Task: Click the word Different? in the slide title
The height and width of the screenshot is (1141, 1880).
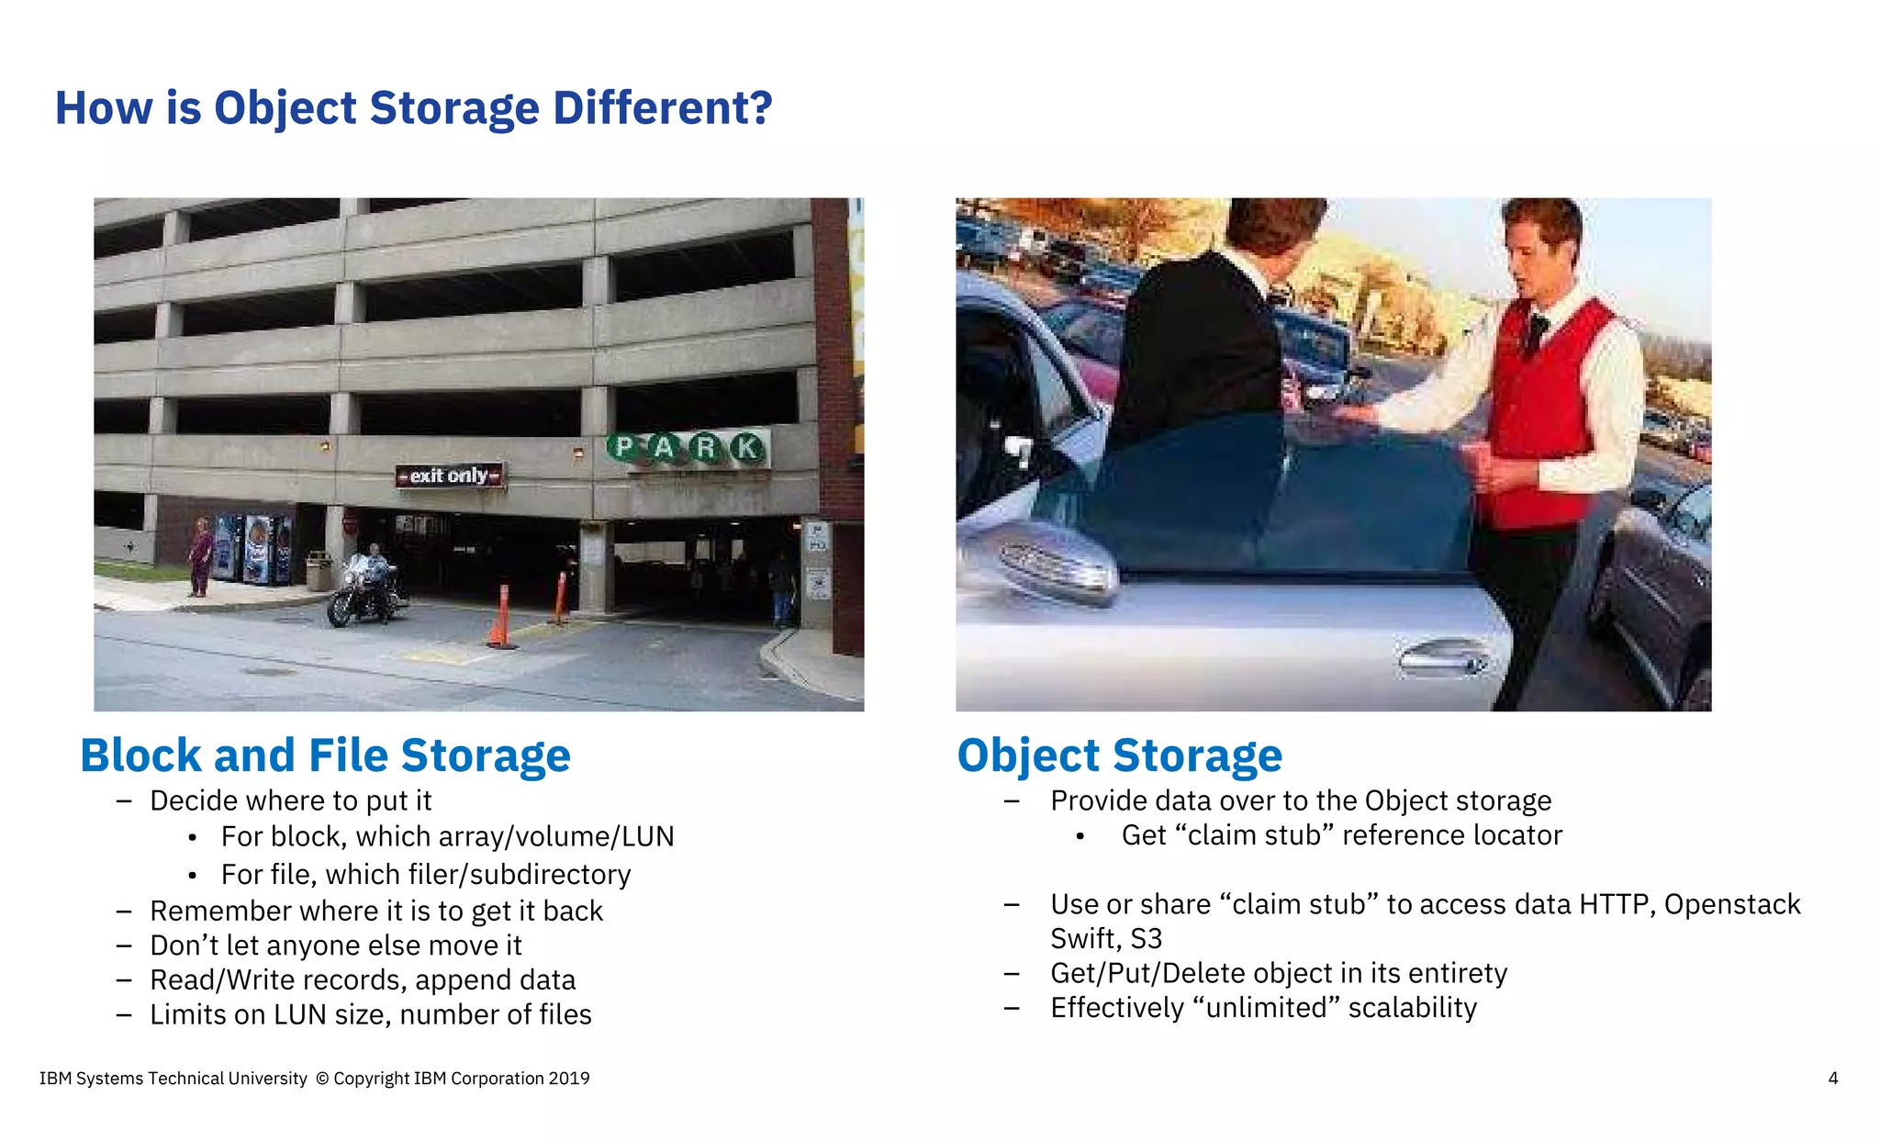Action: coord(662,108)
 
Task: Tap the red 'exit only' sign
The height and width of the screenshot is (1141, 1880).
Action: coord(449,475)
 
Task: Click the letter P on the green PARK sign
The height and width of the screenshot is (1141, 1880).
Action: coord(624,448)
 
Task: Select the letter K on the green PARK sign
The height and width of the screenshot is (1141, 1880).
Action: coord(747,448)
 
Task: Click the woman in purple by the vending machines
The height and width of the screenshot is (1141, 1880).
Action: coord(200,555)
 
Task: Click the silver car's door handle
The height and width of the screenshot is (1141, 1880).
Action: coord(1441,656)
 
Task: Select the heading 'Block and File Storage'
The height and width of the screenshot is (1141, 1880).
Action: coord(325,755)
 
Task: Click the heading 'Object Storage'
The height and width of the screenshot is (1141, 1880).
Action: coord(1119,755)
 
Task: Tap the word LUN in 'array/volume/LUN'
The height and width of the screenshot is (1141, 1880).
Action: coord(647,836)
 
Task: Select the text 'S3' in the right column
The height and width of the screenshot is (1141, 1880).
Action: coord(1146,939)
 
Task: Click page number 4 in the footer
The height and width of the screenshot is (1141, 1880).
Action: coord(1832,1079)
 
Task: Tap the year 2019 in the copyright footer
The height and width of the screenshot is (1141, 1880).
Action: coord(568,1079)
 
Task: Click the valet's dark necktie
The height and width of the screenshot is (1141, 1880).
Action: coord(1534,335)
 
